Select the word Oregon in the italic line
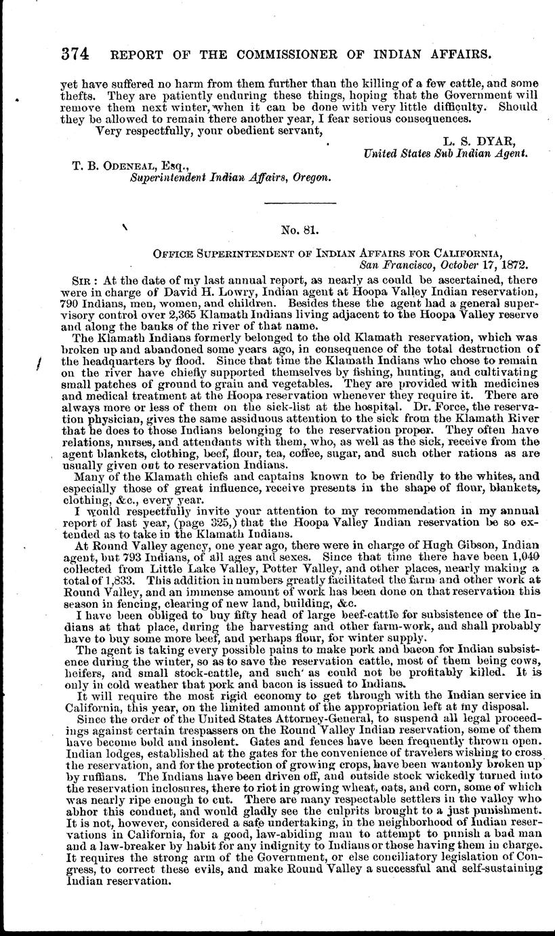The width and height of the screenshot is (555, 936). (312, 178)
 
